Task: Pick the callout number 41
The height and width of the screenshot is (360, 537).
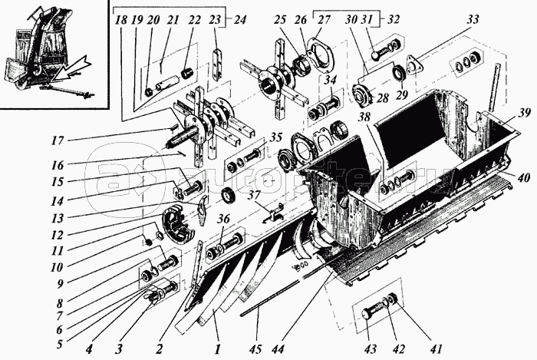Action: [437, 350]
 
